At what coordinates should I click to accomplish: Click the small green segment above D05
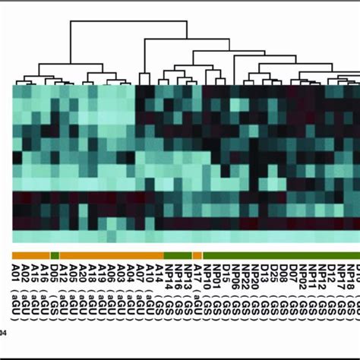pyautogui.click(x=55, y=256)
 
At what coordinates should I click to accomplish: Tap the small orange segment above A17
pyautogui.click(x=197, y=256)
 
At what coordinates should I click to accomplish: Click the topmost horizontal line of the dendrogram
pyautogui.click(x=129, y=22)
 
